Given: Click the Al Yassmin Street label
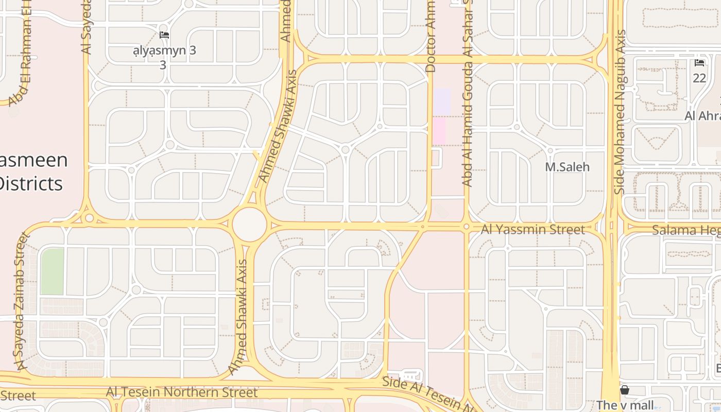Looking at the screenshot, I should (533, 229).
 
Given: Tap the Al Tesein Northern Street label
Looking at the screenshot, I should (181, 392).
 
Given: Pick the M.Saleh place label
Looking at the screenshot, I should (567, 167).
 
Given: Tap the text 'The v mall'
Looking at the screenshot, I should (625, 405).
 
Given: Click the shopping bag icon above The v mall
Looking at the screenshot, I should (625, 390).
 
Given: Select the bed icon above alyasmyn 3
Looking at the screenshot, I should (164, 35).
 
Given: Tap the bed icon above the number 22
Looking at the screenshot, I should (699, 63).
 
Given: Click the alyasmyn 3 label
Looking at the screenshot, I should (164, 50).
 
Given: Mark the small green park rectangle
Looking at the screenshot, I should (52, 271).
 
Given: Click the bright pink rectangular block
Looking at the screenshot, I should (439, 130).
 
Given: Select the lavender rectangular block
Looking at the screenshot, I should (442, 101).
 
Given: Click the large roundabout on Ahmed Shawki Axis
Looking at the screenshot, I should (249, 225).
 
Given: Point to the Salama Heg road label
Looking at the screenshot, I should (685, 230).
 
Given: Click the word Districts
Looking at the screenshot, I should (31, 183).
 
